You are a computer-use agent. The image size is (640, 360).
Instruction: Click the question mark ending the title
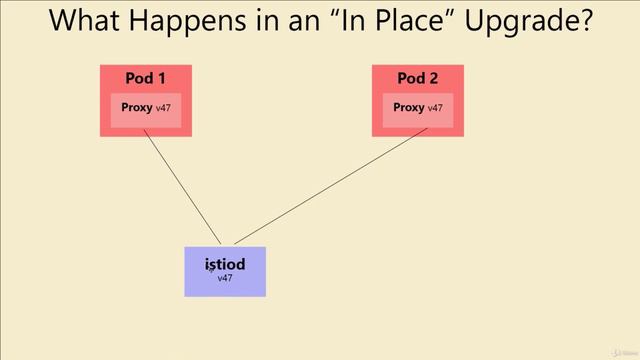point(583,22)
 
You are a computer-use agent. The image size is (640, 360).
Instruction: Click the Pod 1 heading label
point(145,79)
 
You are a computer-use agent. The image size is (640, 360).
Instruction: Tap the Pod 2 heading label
point(418,79)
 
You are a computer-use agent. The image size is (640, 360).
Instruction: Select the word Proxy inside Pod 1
point(137,107)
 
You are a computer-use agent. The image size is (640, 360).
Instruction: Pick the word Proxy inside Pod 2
point(409,107)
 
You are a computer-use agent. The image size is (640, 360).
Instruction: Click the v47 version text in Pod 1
point(164,108)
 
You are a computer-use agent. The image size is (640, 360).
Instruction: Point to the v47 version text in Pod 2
point(435,108)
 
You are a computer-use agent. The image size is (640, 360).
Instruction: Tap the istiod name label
point(225,265)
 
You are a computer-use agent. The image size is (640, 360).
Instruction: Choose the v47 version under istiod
point(225,278)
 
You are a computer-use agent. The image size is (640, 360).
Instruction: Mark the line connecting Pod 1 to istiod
point(183,191)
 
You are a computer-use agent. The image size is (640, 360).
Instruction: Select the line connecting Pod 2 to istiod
point(330,191)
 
